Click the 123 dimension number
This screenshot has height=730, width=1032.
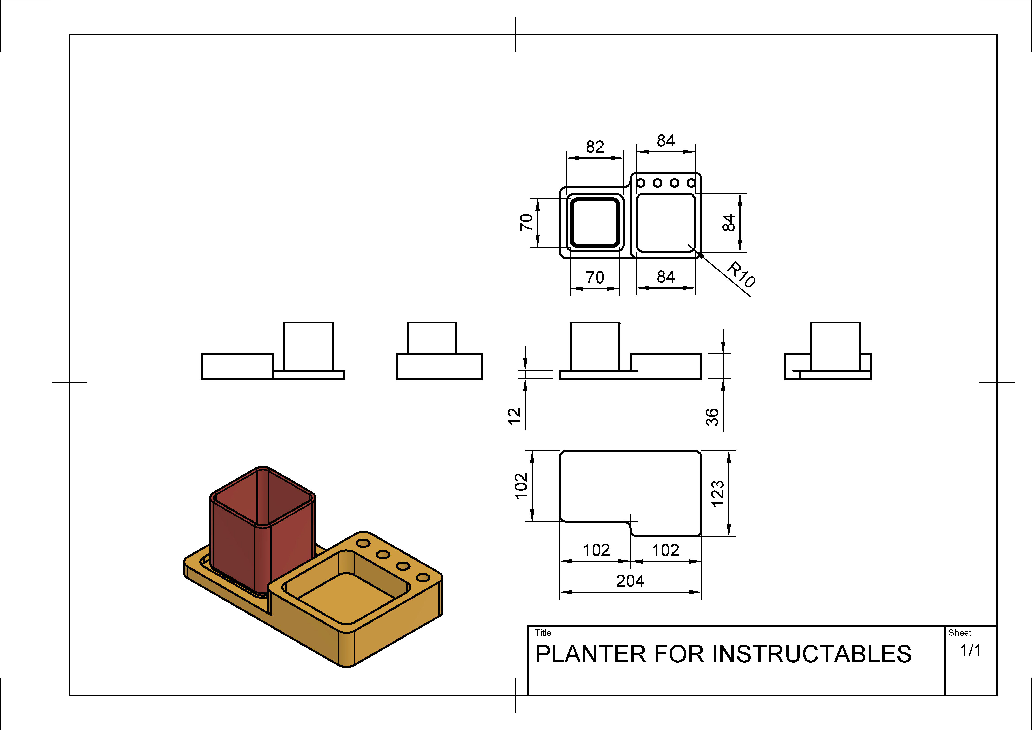[x=718, y=494]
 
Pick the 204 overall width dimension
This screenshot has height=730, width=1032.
[x=630, y=581]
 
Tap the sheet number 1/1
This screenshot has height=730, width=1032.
[x=970, y=650]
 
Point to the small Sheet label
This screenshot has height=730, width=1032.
[x=960, y=633]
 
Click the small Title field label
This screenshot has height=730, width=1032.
[x=543, y=633]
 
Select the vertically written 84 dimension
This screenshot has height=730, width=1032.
[x=729, y=223]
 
